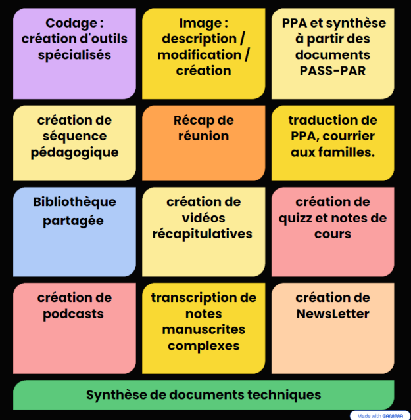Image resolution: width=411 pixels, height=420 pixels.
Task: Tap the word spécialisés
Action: [74, 55]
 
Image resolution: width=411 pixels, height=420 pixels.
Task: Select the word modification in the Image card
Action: [199, 55]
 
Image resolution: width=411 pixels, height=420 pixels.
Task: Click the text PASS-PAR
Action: [333, 71]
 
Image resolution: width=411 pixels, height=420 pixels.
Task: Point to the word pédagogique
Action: [74, 152]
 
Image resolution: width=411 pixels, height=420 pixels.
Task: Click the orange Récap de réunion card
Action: [203, 143]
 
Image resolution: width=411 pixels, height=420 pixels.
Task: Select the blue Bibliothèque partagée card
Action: [74, 231]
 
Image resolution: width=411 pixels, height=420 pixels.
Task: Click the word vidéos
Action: [203, 218]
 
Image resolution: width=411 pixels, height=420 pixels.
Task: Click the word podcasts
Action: [74, 314]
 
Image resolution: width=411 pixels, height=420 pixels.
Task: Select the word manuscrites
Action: [203, 329]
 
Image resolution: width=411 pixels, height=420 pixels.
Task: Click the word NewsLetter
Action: [333, 314]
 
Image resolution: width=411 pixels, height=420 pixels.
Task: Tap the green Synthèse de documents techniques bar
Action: [203, 394]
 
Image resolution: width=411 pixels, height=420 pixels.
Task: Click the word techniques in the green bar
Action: [287, 394]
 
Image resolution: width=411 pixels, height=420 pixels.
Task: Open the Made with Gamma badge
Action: [377, 415]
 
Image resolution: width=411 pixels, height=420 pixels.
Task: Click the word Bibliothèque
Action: [74, 201]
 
